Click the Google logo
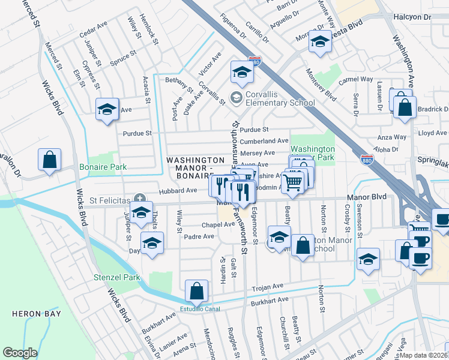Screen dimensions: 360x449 pos(20,353)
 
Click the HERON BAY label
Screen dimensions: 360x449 pos(35,314)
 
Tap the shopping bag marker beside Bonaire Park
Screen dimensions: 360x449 pos(50,160)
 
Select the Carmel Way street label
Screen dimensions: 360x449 pos(355,79)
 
